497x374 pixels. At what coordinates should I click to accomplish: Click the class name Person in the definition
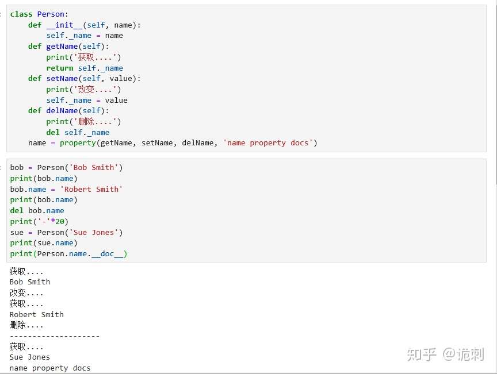(x=51, y=14)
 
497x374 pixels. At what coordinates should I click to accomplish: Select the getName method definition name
(x=62, y=46)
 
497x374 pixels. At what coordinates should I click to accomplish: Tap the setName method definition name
(x=62, y=78)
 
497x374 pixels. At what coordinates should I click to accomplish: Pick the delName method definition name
(x=62, y=110)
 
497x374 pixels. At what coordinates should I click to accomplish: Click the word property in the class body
(x=78, y=142)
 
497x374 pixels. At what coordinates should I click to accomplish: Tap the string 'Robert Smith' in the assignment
(x=91, y=189)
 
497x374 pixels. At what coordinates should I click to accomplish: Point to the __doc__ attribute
(x=107, y=253)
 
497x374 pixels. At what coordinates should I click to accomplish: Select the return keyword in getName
(x=60, y=68)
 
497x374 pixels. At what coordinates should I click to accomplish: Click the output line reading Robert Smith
(x=36, y=314)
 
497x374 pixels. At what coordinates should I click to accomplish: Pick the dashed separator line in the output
(x=55, y=336)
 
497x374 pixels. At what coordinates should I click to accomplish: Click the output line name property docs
(x=50, y=368)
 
